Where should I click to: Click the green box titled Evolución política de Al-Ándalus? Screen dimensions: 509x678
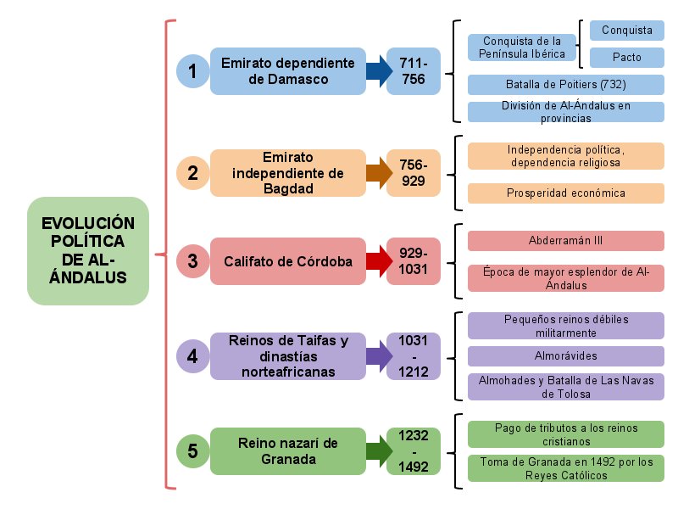pos(88,251)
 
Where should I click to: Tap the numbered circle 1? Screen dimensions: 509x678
pos(192,71)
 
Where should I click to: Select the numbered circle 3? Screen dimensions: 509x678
pos(192,261)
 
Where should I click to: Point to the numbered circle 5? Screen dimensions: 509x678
pos(192,450)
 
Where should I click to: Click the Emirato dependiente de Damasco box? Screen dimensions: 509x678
pos(287,71)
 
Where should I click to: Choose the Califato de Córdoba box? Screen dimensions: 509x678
pos(287,261)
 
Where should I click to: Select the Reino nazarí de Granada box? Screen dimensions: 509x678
pos(287,450)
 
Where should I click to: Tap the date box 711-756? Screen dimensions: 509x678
pos(414,71)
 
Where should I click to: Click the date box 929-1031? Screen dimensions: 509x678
pos(414,261)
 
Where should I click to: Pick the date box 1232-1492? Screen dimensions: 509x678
pos(414,450)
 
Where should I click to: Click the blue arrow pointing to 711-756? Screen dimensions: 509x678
pos(374,71)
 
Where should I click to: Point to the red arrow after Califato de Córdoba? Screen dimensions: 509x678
pos(374,261)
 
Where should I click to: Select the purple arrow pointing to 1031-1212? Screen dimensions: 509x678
pos(374,355)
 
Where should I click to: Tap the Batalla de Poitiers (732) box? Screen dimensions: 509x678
pos(565,85)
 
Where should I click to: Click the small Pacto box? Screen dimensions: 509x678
pos(626,58)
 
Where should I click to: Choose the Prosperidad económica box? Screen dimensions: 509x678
pos(565,193)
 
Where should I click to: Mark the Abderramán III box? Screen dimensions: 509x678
pos(565,241)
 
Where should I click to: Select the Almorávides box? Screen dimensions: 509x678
pos(565,355)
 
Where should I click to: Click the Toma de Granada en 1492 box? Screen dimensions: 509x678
pos(565,468)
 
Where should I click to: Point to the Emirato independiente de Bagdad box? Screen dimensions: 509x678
pos(287,173)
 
